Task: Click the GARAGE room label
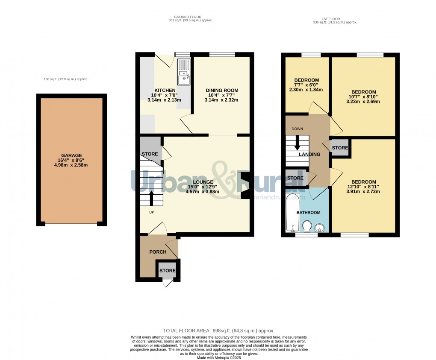coord(71,155)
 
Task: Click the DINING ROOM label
coord(222,91)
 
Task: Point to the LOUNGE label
coord(202,182)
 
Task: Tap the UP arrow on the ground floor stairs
coord(151,197)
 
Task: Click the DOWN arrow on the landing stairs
coord(298,144)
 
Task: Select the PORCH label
coord(158,252)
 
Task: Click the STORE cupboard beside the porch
coord(168,271)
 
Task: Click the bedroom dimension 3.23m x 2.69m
coord(363,102)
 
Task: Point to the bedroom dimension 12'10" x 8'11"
coord(363,187)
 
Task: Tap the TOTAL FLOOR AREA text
coord(218,331)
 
